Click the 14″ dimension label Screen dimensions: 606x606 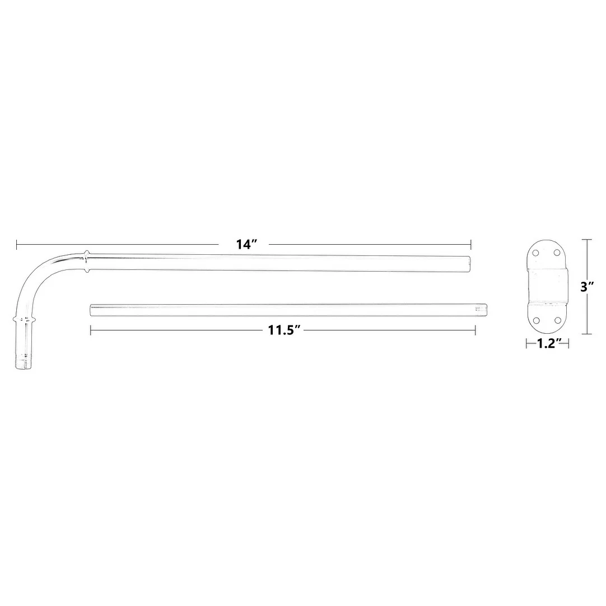[x=246, y=244]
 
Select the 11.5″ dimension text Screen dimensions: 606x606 [x=284, y=330]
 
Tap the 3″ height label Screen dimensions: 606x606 [x=587, y=287]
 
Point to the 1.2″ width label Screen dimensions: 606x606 [x=546, y=343]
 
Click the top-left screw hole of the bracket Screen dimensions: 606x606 [x=535, y=253]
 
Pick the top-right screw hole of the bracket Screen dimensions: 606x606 [x=557, y=253]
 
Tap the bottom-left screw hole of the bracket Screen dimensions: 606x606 [x=535, y=320]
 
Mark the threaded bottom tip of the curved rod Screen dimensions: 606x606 [x=24, y=361]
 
